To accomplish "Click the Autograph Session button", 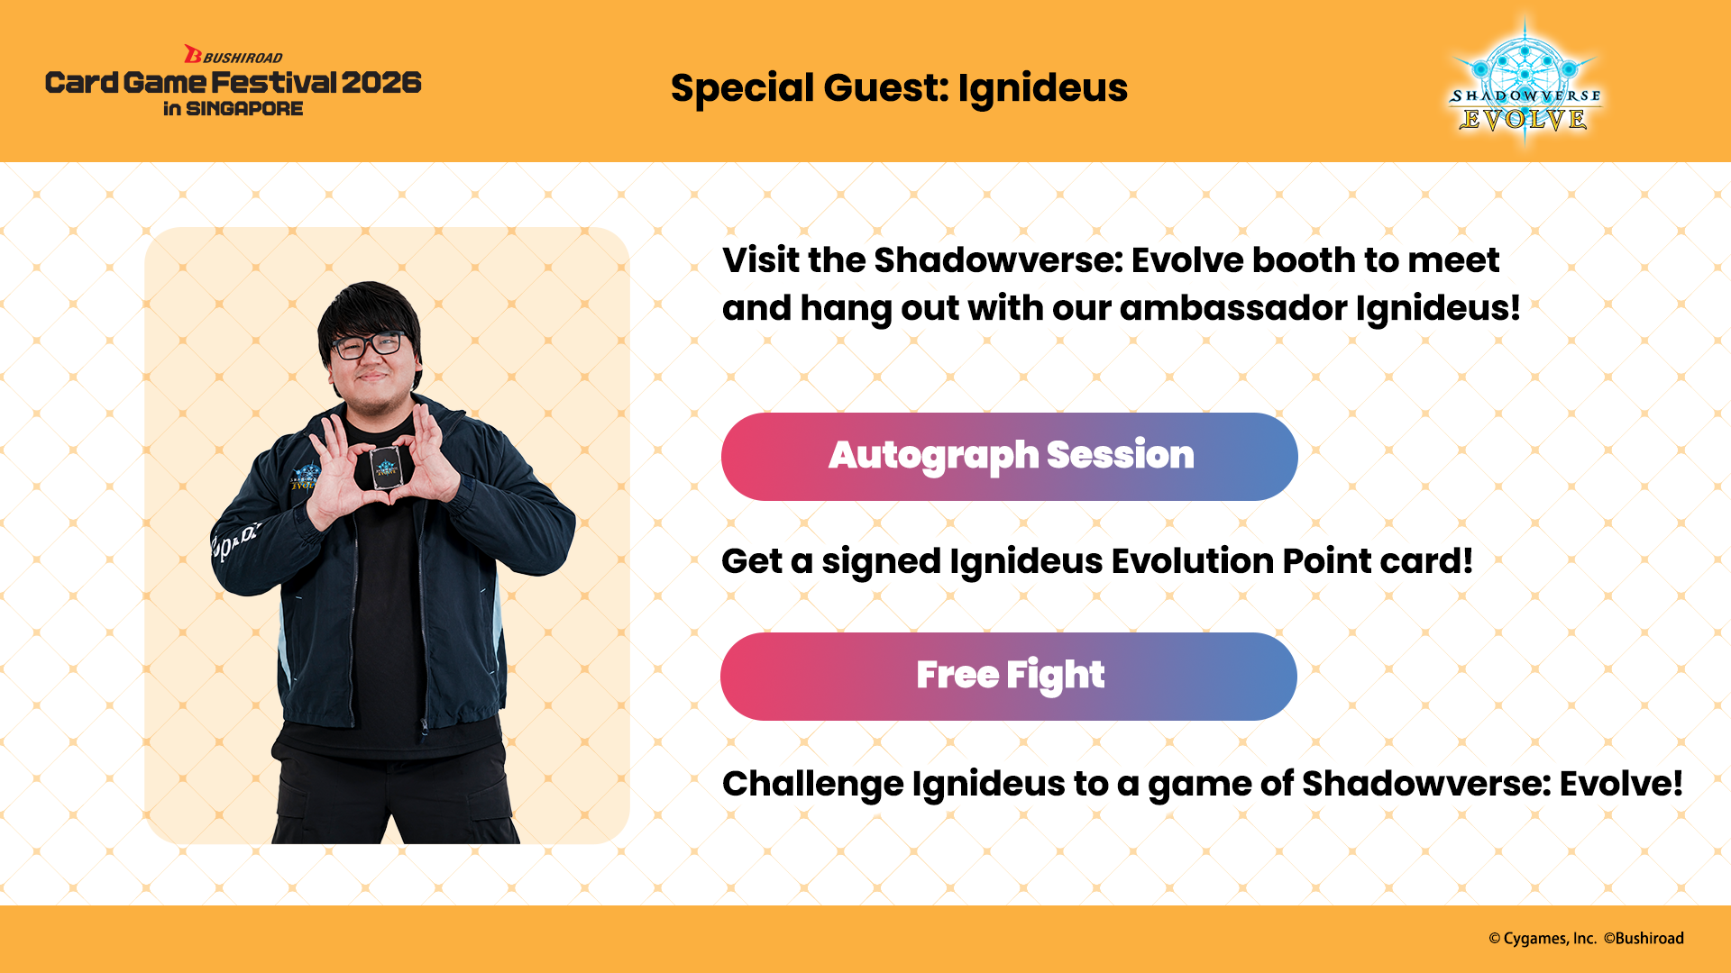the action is [x=1010, y=457].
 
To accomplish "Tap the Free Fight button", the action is [x=1009, y=677].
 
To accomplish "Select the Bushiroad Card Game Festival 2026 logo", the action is [x=234, y=81].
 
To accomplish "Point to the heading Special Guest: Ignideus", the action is [x=899, y=88].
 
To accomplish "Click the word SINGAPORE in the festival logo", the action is [x=244, y=109].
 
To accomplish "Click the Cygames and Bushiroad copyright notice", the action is [x=1586, y=939].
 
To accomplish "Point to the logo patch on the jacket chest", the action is [x=305, y=476].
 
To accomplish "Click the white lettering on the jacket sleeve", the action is [x=234, y=540].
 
